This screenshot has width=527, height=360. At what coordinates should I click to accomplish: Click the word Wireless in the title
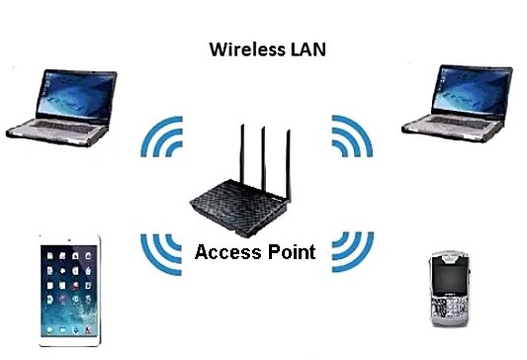[240, 48]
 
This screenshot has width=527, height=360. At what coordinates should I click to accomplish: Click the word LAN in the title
[307, 48]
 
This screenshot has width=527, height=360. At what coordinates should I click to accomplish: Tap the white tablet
[70, 291]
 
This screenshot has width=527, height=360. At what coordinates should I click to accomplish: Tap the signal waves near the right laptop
[352, 137]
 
